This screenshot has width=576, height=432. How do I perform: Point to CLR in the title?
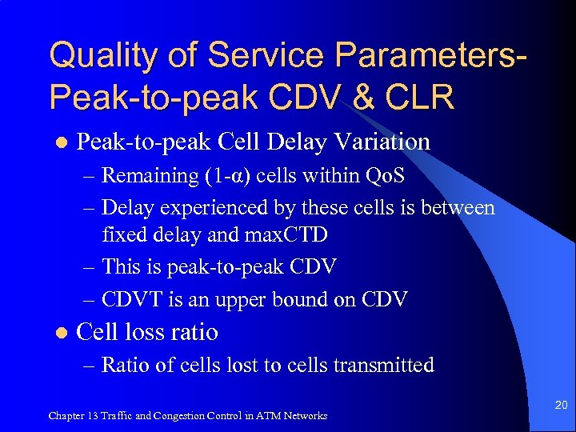(x=423, y=97)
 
